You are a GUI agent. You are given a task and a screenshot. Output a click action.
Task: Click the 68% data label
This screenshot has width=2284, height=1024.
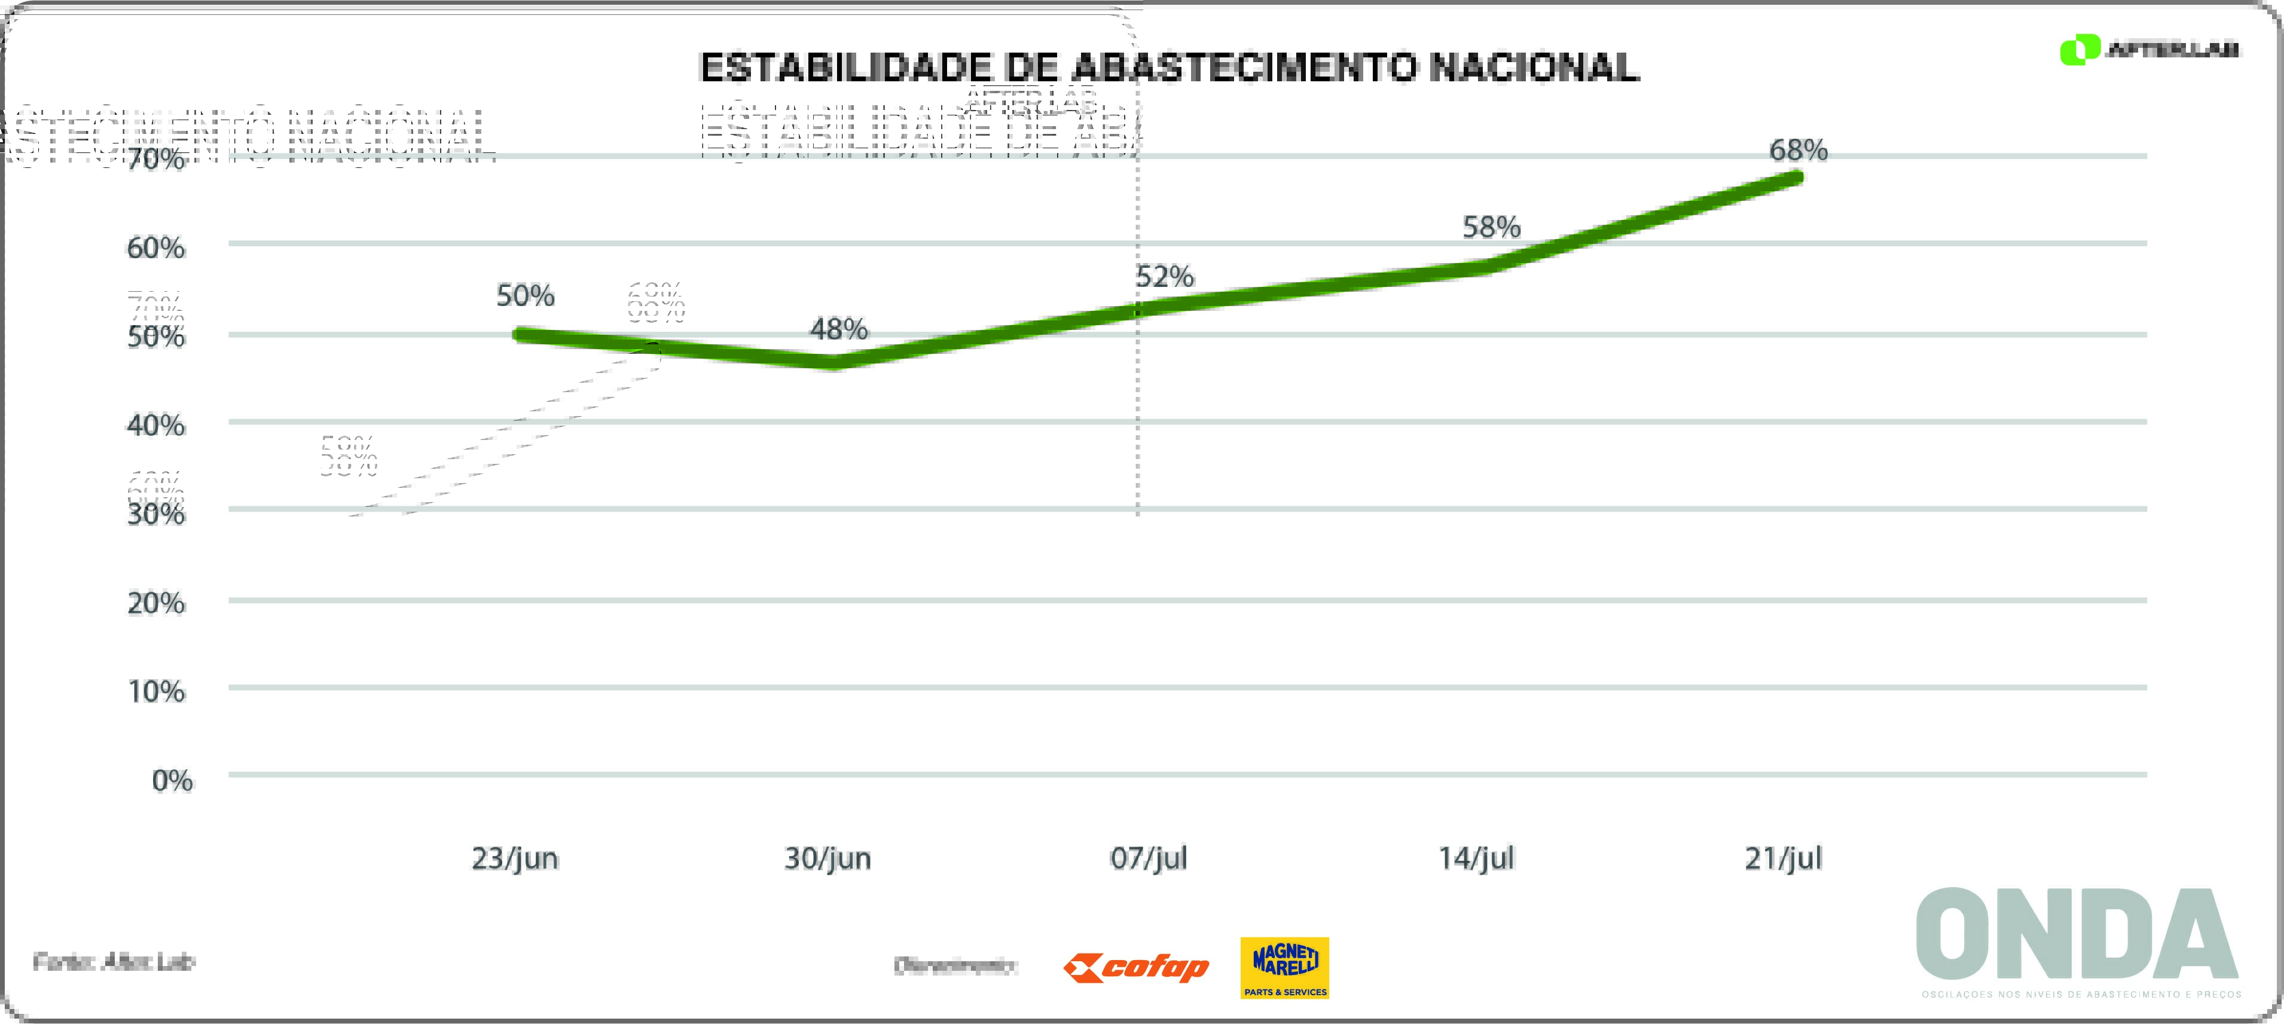pyautogui.click(x=1798, y=150)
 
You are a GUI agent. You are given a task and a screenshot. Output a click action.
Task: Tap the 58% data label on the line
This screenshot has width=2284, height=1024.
pyautogui.click(x=1491, y=228)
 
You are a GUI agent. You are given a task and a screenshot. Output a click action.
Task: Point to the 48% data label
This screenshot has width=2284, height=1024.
pyautogui.click(x=839, y=330)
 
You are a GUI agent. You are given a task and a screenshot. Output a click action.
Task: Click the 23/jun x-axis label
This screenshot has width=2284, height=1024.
pyautogui.click(x=515, y=858)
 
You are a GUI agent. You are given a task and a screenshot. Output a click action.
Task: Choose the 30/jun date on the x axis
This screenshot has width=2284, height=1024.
pyautogui.click(x=828, y=858)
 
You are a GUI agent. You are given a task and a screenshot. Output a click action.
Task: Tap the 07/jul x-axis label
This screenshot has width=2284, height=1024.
pyautogui.click(x=1148, y=858)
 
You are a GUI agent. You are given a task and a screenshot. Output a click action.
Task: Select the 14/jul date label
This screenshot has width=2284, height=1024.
pyautogui.click(x=1476, y=858)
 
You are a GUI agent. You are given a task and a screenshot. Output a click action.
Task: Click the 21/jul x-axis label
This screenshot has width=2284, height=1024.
pyautogui.click(x=1783, y=858)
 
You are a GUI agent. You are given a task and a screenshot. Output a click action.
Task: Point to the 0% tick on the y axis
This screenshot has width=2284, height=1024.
pyautogui.click(x=172, y=780)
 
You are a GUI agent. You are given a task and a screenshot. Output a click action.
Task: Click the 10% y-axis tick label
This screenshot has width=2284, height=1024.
pyautogui.click(x=157, y=692)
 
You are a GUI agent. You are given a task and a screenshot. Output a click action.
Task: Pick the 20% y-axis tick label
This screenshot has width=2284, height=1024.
pyautogui.click(x=156, y=604)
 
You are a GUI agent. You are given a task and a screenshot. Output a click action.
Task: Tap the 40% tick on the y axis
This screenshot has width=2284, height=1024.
pyautogui.click(x=156, y=426)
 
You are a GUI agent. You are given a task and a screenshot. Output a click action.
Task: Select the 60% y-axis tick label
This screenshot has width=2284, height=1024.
pyautogui.click(x=156, y=248)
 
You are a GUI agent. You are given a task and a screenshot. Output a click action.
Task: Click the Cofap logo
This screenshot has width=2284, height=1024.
pyautogui.click(x=1136, y=967)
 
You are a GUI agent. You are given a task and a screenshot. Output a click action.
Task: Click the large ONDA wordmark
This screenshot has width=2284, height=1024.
pyautogui.click(x=2077, y=936)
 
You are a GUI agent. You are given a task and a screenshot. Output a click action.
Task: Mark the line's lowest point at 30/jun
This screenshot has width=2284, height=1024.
pyautogui.click(x=833, y=362)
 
